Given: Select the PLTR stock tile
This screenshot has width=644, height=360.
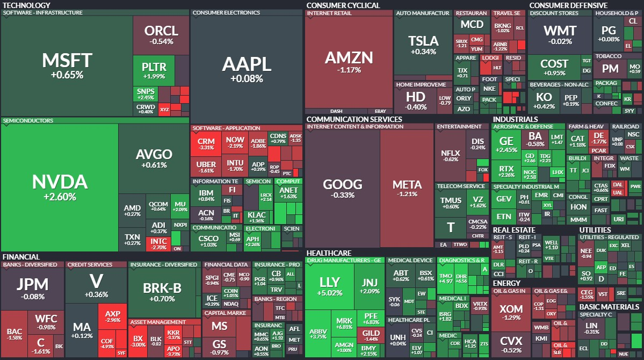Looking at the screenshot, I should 154,71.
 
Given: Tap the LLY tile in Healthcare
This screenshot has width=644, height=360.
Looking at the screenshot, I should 329,287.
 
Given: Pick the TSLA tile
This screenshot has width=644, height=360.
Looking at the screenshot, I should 423,45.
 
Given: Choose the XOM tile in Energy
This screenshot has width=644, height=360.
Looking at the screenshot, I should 511,313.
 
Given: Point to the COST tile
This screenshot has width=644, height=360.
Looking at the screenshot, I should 554,67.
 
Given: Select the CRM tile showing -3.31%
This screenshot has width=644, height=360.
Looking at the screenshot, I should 206,143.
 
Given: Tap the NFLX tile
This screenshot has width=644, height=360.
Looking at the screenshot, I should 450,156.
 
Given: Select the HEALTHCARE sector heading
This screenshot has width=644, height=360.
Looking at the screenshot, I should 329,253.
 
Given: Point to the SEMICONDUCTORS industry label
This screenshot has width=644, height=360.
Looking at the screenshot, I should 28,121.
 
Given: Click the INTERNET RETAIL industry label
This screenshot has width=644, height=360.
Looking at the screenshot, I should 328,13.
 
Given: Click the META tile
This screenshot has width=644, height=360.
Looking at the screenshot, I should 407,188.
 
